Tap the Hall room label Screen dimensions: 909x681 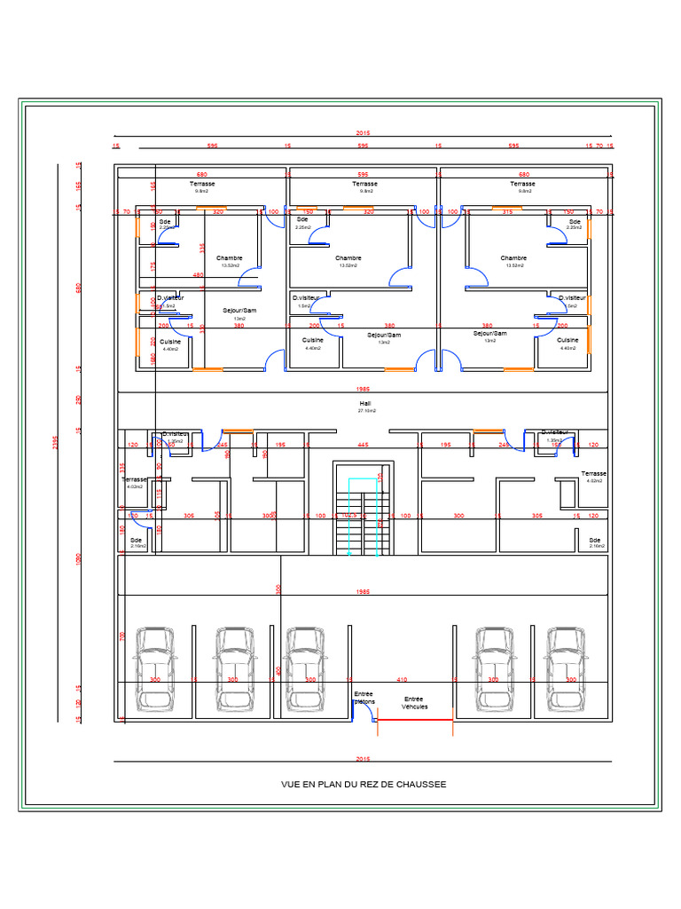tap(365, 404)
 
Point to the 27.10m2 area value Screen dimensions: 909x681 tap(365, 412)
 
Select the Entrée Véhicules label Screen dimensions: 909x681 tap(414, 703)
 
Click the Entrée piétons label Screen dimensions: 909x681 tap(364, 698)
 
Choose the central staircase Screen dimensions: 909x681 tap(364, 515)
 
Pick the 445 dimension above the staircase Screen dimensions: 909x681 tap(363, 444)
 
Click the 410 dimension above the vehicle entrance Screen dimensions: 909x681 tap(402, 679)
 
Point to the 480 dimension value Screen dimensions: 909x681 tap(199, 275)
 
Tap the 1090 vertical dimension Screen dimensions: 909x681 tap(78, 558)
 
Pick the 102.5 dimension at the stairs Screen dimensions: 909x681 tap(349, 515)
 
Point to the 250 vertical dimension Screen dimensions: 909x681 tap(78, 399)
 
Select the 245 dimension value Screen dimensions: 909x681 tap(223, 444)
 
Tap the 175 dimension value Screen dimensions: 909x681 tap(153, 265)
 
